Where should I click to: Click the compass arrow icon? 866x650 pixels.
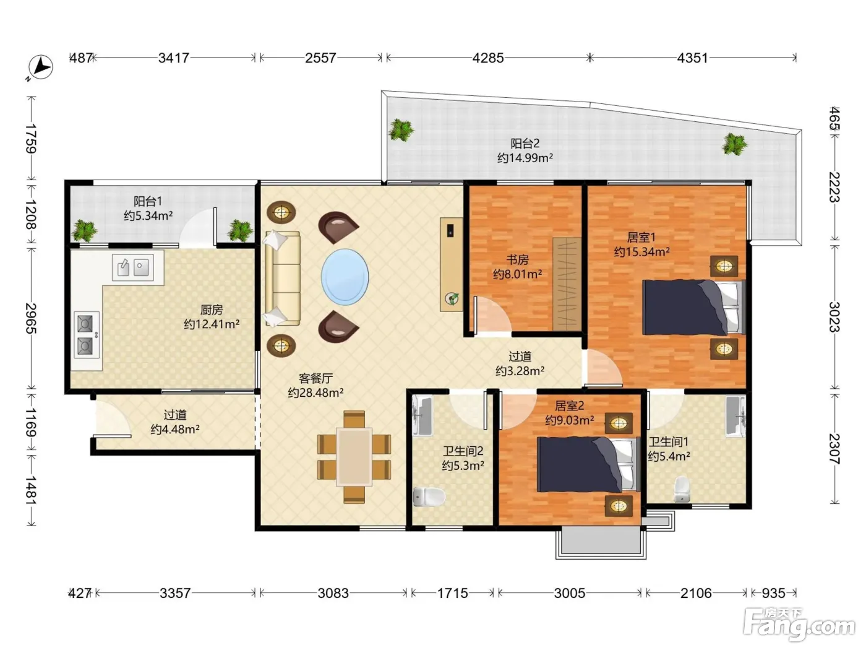[x=41, y=67]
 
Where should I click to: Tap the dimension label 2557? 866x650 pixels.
[x=320, y=58]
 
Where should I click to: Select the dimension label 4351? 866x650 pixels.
[x=693, y=58]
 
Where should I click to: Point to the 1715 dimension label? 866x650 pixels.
[x=453, y=593]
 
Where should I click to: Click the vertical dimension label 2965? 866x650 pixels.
[x=31, y=318]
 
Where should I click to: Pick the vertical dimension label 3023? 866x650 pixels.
[x=834, y=317]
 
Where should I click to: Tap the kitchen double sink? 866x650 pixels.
[x=133, y=267]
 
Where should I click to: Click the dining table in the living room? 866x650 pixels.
[x=354, y=457]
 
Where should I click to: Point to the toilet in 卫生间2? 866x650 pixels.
[x=429, y=496]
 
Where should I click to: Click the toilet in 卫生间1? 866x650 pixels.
[x=682, y=490]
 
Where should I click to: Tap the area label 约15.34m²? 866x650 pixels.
[x=641, y=251]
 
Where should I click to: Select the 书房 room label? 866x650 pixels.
[x=517, y=259]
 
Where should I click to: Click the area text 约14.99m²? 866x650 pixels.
[x=525, y=158]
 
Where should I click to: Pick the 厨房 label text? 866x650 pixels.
[x=212, y=310]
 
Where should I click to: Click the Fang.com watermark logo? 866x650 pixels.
[x=799, y=625]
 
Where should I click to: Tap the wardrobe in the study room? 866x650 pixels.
[x=567, y=284]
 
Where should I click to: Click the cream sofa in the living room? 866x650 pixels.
[x=283, y=279]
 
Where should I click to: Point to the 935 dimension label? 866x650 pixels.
[x=773, y=593]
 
